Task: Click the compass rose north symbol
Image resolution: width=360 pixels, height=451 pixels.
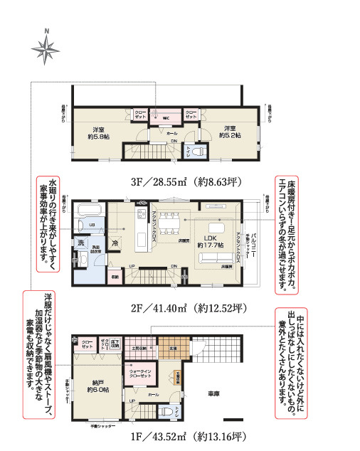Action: click(46, 48)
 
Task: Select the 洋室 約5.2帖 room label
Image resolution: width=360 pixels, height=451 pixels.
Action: click(228, 132)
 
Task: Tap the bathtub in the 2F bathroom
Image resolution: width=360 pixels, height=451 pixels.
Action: click(90, 211)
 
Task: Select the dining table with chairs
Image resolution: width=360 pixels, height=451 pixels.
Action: click(171, 222)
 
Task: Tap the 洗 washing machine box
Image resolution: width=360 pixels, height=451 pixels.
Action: click(81, 243)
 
